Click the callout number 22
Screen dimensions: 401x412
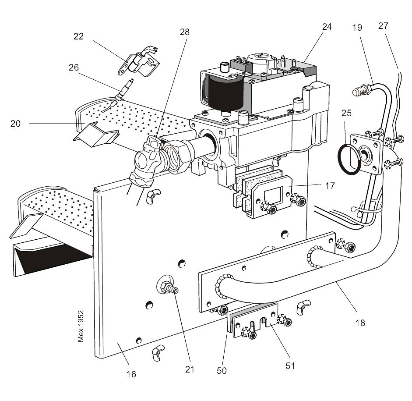pos(79,37)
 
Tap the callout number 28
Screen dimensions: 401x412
pos(184,32)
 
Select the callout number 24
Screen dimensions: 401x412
pos(327,27)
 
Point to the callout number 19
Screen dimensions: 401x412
pos(357,27)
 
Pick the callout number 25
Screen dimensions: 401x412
pos(346,113)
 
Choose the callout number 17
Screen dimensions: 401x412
pos(330,186)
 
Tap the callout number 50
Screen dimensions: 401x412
pos(222,370)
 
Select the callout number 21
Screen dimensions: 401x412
pos(189,369)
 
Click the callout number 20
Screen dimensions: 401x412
pos(16,124)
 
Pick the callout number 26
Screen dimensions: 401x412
pos(74,67)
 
